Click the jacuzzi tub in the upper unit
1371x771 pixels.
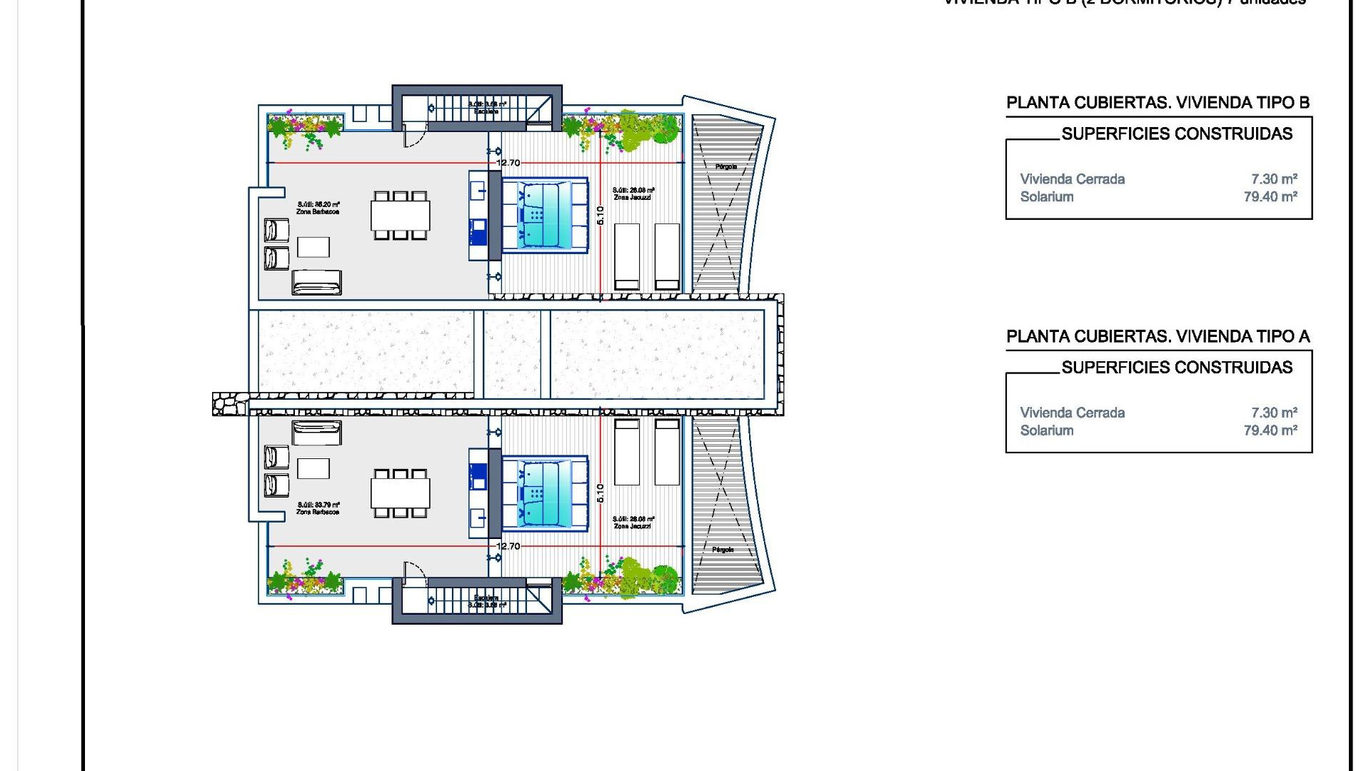tap(544, 215)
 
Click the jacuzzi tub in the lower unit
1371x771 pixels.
tap(544, 493)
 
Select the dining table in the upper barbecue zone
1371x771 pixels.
tap(400, 215)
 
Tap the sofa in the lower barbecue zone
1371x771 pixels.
tap(316, 433)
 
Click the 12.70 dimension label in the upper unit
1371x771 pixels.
tap(508, 163)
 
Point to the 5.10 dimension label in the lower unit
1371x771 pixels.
tap(600, 493)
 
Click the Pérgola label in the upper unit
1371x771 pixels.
tap(725, 166)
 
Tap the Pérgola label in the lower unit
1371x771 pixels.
tap(723, 550)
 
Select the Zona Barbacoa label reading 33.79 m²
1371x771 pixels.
tap(318, 508)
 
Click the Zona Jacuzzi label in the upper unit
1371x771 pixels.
tap(633, 193)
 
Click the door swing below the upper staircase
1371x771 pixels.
tap(414, 136)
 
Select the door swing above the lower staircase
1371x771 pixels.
tap(414, 572)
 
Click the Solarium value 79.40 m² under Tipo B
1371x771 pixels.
tap(1270, 197)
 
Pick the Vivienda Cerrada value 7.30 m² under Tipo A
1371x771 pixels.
tap(1274, 413)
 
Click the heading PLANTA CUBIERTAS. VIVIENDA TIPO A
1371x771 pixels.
tap(1157, 336)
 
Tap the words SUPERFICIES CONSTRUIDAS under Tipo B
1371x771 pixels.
tap(1176, 133)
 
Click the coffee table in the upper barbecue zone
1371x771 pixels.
tap(313, 247)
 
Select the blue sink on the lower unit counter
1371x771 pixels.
tap(478, 473)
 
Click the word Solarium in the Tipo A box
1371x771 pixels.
tap(1046, 430)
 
